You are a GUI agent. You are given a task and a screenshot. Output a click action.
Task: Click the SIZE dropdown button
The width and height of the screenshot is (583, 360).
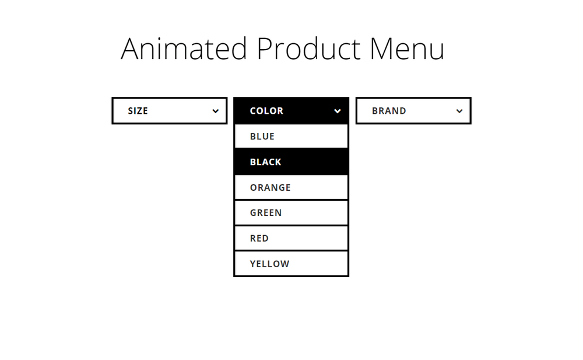coord(170,111)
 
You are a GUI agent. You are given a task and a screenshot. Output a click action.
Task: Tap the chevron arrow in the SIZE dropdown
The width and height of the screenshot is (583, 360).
coord(215,111)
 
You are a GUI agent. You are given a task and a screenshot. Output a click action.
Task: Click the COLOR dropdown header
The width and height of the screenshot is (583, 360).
coord(291,111)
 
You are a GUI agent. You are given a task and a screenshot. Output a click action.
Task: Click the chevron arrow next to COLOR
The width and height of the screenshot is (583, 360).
coord(337,111)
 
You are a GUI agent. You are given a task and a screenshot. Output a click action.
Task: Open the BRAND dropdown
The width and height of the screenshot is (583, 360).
coord(413,111)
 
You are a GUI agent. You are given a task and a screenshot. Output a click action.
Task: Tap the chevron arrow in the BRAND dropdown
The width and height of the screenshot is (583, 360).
coord(459,111)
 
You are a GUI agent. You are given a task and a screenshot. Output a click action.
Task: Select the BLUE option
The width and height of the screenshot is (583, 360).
coord(291,137)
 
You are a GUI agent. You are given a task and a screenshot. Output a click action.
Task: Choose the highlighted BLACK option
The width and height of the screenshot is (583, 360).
coord(291,162)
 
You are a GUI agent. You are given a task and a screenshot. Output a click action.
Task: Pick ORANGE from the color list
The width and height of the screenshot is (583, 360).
coord(291,187)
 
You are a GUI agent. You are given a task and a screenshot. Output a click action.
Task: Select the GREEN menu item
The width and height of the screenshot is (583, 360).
coord(291,212)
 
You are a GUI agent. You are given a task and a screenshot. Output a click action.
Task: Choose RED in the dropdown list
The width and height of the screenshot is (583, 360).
coord(291,238)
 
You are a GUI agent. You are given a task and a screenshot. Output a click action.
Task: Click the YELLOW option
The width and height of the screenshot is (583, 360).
coord(291,264)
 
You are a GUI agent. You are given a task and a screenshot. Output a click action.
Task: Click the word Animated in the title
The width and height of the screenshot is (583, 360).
coord(184,48)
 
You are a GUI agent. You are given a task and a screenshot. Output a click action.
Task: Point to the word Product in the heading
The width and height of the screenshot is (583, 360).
coord(308,48)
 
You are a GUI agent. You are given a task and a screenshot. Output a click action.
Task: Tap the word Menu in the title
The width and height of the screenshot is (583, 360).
coord(407,48)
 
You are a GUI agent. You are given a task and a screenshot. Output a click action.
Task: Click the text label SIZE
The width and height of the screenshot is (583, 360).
coord(138,111)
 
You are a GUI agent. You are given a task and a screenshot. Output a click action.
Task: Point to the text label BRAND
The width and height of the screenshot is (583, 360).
coord(389,111)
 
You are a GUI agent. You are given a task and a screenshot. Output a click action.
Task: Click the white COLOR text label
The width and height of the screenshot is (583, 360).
coord(266,111)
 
